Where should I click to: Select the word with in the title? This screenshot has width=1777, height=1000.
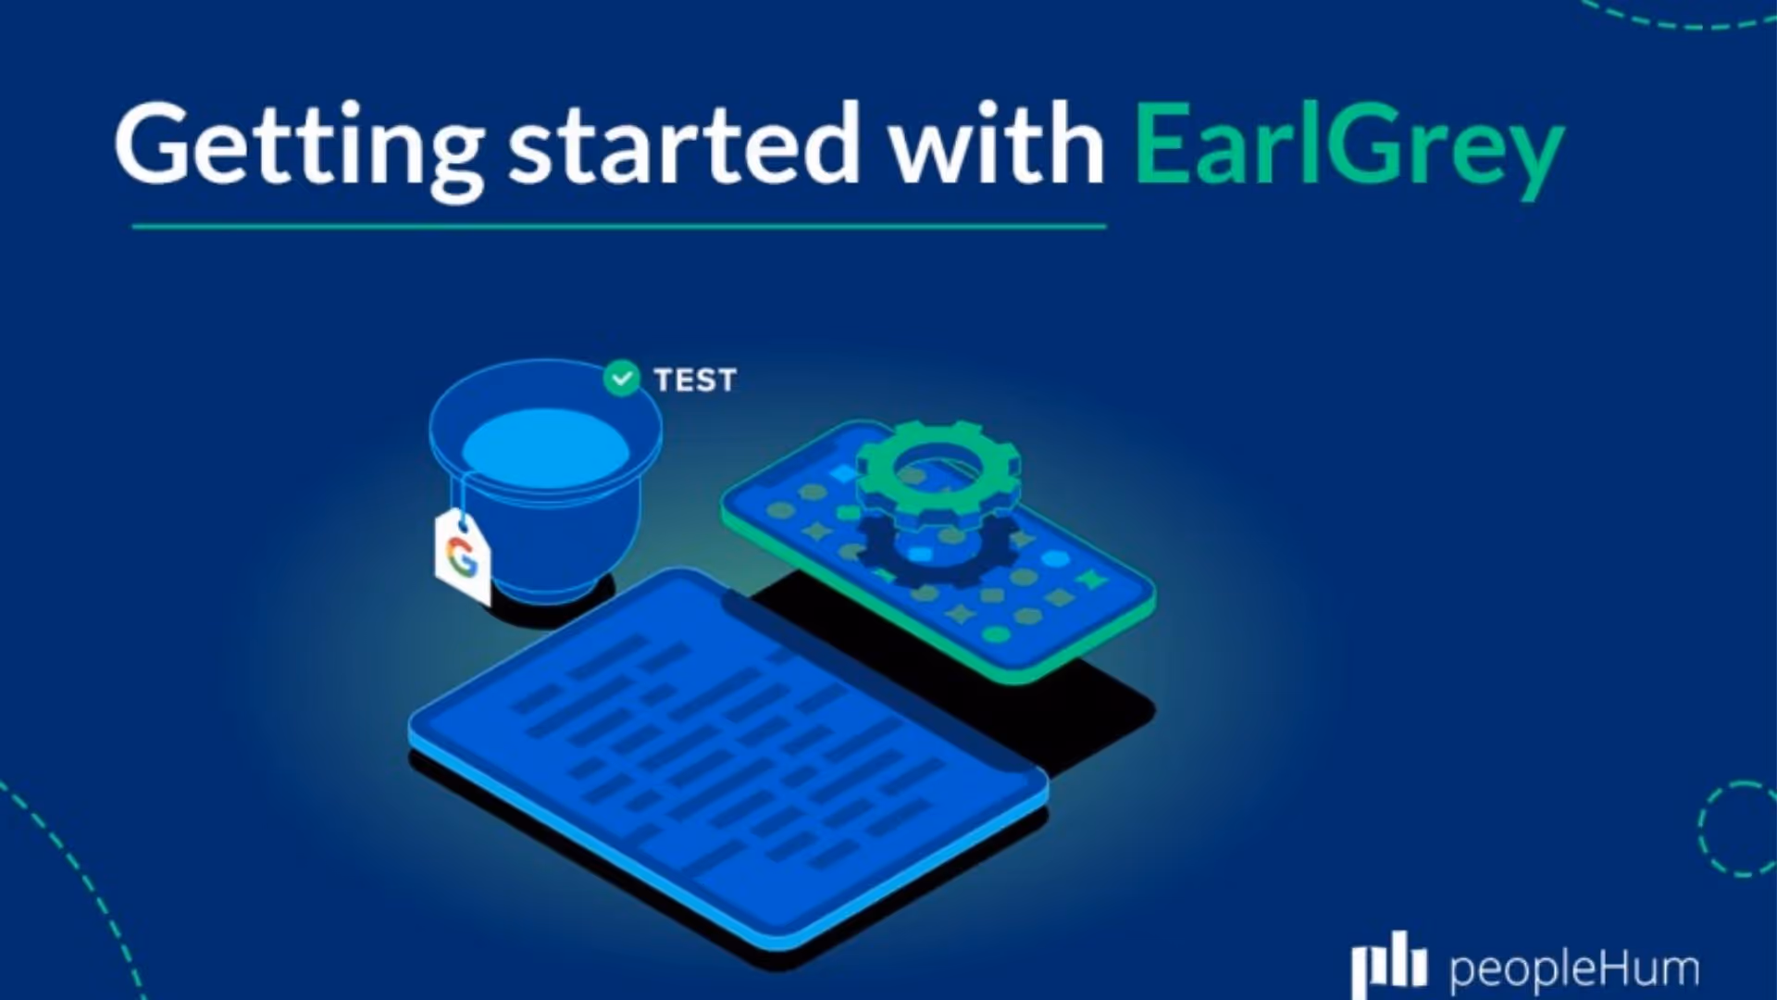pos(996,144)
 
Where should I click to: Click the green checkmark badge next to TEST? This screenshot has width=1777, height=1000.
pos(621,379)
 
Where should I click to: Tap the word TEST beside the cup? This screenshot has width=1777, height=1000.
pos(695,381)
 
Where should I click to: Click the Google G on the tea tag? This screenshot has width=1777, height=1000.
pos(462,556)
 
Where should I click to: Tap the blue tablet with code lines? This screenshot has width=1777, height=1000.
pos(722,759)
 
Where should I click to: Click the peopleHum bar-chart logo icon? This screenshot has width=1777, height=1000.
pos(1387,965)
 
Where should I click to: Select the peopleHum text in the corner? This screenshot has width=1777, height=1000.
pos(1573,969)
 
